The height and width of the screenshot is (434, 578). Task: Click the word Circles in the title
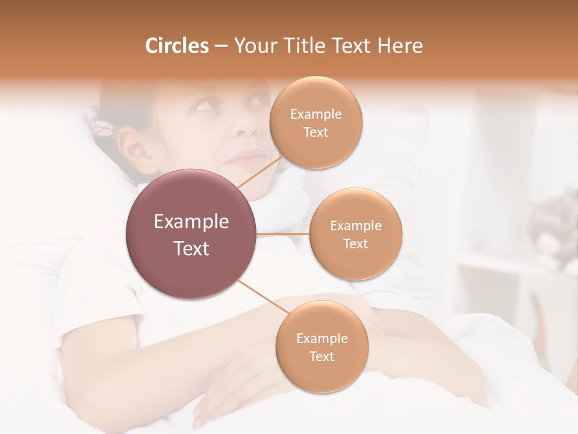pos(177,46)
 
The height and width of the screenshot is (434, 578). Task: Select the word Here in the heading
pos(400,46)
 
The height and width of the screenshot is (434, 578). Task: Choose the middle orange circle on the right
pos(355,234)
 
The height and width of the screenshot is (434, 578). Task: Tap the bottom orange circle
pos(322,347)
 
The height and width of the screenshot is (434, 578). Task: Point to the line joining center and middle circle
pos(283,234)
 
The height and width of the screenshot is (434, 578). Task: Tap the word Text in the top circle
pos(315,133)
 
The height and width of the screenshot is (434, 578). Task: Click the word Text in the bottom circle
pos(322,356)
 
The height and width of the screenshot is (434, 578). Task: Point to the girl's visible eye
pos(204,106)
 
